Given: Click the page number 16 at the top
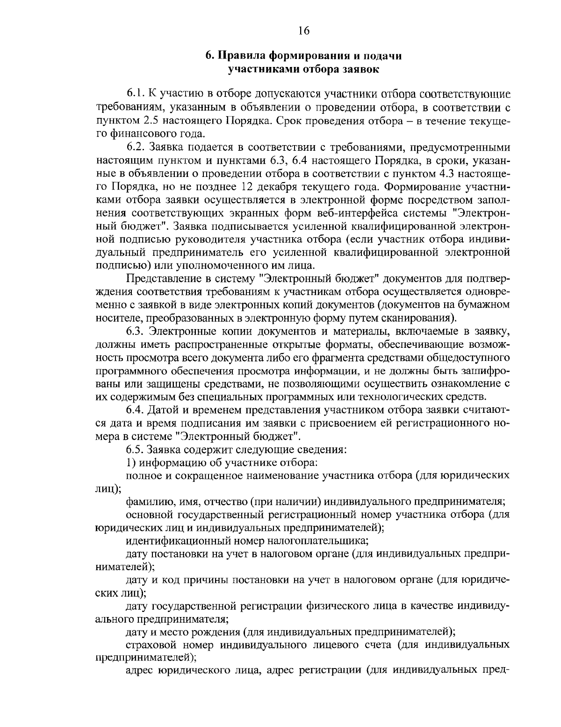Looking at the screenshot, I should click(x=303, y=31).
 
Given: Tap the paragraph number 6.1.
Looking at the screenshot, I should click(x=135, y=95).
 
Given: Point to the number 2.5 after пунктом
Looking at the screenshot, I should click(x=143, y=122).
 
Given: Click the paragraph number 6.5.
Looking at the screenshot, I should click(x=135, y=450).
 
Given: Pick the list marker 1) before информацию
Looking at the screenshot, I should click(x=130, y=463).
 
